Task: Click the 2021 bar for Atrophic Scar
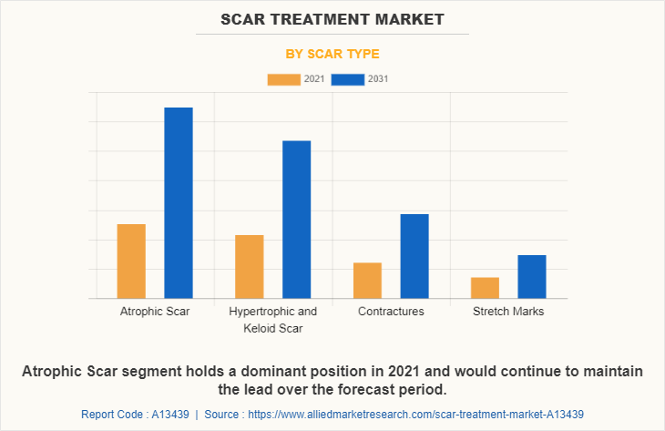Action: tap(131, 262)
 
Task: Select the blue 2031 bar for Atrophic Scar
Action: tap(179, 203)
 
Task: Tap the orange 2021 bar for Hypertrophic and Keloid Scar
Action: tap(249, 267)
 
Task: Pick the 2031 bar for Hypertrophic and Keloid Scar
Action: tap(296, 220)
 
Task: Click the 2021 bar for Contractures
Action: tap(367, 281)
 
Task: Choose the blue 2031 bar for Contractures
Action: tap(414, 256)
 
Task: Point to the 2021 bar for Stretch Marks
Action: tap(485, 288)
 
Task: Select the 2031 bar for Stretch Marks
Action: tap(532, 277)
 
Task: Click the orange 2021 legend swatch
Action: tap(283, 79)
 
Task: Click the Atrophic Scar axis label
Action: tap(155, 312)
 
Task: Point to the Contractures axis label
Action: tap(391, 312)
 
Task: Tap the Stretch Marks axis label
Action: tap(508, 312)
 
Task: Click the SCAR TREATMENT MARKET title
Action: tap(332, 18)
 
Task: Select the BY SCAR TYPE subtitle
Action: tap(332, 54)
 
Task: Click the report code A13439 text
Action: tap(135, 415)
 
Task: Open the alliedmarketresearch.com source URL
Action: tap(414, 415)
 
